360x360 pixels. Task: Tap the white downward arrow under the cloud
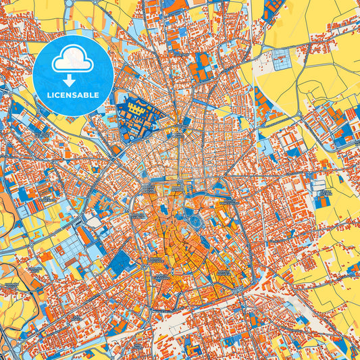[66, 72]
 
